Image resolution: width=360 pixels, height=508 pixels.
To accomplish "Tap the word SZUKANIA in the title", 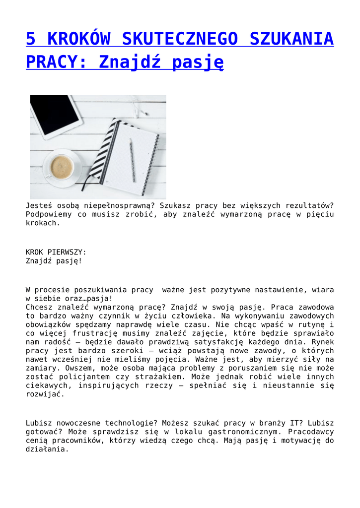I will click(x=285, y=38).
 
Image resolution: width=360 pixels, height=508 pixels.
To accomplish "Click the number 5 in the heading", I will click(x=31, y=38).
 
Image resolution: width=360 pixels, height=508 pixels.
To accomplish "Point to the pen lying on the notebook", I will click(x=132, y=160).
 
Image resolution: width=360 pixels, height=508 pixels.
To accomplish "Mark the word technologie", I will click(x=128, y=423).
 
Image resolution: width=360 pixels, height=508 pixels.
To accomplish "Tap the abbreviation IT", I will click(x=289, y=423).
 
